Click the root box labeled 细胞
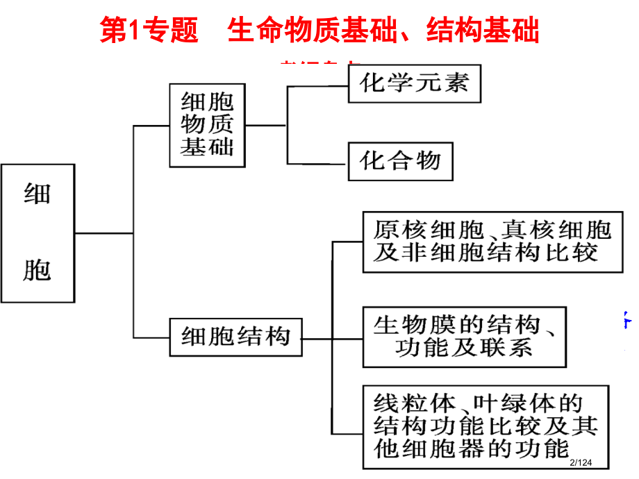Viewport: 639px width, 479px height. tap(38, 233)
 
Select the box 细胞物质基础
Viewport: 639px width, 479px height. tap(207, 126)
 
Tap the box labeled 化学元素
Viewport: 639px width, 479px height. tap(415, 84)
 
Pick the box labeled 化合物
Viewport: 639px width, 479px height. tap(400, 162)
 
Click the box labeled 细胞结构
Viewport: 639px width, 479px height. tap(235, 337)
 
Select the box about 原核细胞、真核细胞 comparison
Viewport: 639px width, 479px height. tap(492, 242)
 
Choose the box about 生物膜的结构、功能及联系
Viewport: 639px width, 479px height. tap(464, 337)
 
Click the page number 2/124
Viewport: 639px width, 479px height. tap(582, 462)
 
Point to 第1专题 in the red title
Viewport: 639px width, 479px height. tap(149, 31)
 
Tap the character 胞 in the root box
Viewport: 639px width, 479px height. tap(38, 268)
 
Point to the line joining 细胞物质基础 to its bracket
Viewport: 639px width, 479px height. tap(265, 126)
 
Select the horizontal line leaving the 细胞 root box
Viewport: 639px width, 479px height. tap(103, 233)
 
